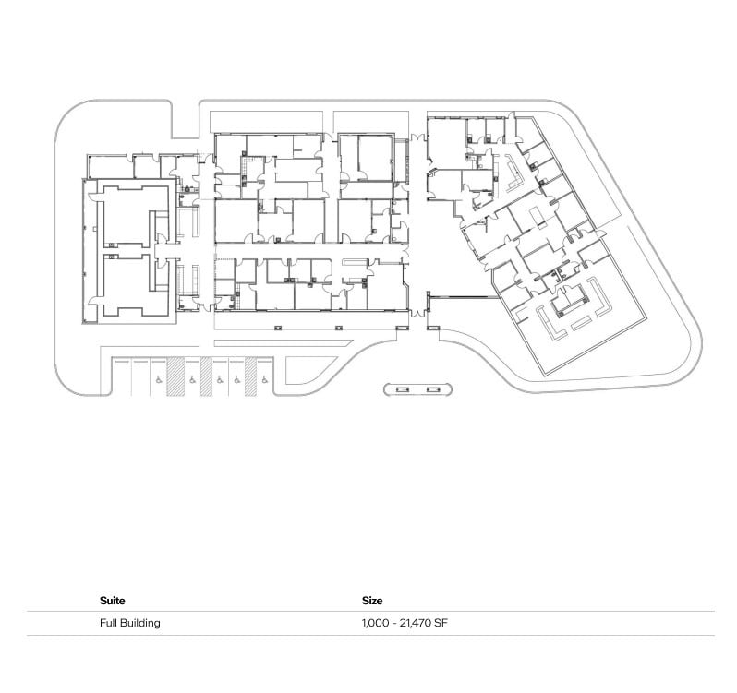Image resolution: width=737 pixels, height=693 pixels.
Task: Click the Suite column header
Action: tap(112, 601)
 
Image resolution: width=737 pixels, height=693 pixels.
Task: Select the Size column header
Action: tap(372, 601)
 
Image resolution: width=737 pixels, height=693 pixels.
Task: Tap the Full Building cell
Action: tap(129, 623)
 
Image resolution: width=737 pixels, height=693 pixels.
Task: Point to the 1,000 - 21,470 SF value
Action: tap(405, 623)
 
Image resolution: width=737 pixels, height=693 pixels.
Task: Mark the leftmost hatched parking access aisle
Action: tap(175, 376)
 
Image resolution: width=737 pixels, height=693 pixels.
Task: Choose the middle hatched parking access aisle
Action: tap(206, 376)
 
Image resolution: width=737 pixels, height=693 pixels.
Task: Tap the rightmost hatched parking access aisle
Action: tap(250, 376)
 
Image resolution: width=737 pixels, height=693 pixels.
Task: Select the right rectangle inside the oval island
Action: tap(431, 389)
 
